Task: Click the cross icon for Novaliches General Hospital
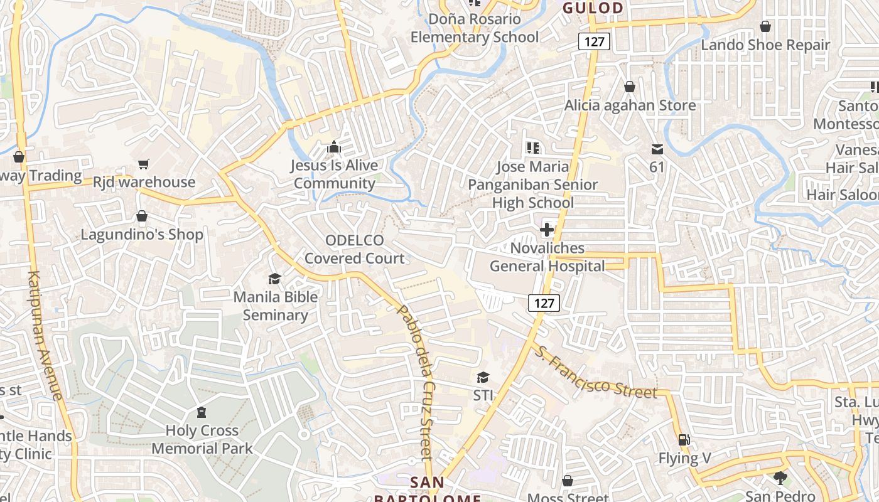547,230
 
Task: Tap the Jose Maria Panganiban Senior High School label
532,184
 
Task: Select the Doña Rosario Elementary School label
475,28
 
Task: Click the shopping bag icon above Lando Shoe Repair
765,26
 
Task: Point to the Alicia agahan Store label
630,105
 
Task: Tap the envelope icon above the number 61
657,149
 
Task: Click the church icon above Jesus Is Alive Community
334,147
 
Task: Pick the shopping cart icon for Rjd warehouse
144,164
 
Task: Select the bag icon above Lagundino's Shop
142,216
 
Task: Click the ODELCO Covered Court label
355,249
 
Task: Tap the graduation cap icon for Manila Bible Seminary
274,279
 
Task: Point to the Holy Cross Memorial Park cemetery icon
202,412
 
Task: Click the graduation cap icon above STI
483,377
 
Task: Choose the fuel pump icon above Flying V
684,440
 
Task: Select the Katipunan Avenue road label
46,336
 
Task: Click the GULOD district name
593,8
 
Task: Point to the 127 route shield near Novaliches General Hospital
544,303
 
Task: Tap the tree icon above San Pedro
780,478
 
